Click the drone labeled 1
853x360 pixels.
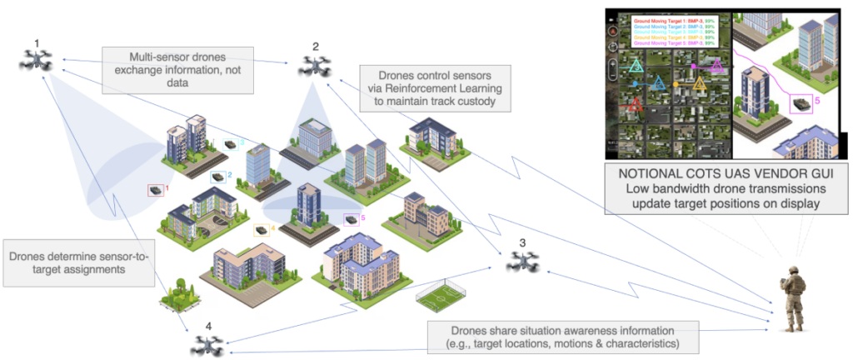click(x=37, y=60)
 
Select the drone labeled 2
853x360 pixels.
click(x=315, y=66)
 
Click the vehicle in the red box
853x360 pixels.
click(x=154, y=191)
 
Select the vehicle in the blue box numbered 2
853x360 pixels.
click(x=217, y=177)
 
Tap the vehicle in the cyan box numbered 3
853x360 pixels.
click(x=231, y=143)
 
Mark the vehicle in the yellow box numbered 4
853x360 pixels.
click(x=261, y=228)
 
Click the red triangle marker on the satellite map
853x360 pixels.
click(x=636, y=104)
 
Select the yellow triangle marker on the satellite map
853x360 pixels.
click(x=698, y=83)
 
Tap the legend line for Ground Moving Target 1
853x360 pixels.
click(x=673, y=18)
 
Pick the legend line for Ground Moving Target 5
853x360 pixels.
click(x=673, y=43)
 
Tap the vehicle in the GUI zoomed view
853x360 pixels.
click(x=801, y=103)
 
